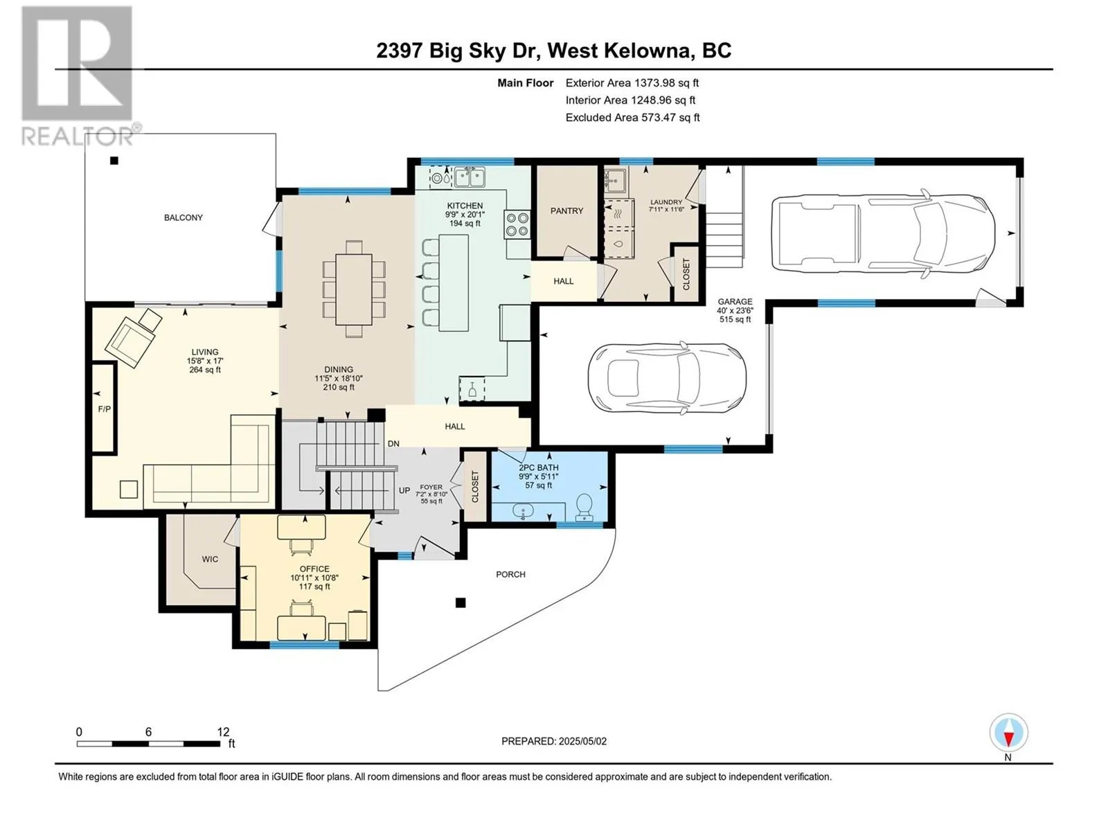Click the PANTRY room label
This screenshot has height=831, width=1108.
tap(566, 211)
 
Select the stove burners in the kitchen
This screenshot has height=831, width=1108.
tap(517, 224)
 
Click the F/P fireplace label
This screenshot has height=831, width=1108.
tap(104, 409)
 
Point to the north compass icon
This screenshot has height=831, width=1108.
tap(1008, 733)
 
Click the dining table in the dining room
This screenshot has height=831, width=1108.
tap(354, 288)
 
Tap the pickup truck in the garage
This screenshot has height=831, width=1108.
tap(883, 232)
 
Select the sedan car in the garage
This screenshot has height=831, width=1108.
tap(667, 378)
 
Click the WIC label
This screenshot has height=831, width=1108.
tap(210, 559)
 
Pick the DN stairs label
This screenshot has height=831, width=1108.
tap(393, 444)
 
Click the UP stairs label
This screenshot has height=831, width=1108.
tap(404, 490)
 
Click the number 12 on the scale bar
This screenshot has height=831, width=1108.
tap(223, 732)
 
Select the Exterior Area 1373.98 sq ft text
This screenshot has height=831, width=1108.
tap(632, 82)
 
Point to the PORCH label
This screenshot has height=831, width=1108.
tap(510, 574)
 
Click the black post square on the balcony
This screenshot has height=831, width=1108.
tap(114, 161)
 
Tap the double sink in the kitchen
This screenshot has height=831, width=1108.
tap(469, 177)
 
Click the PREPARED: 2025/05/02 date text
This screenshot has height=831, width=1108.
tap(554, 741)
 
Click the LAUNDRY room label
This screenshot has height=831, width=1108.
tap(665, 202)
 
